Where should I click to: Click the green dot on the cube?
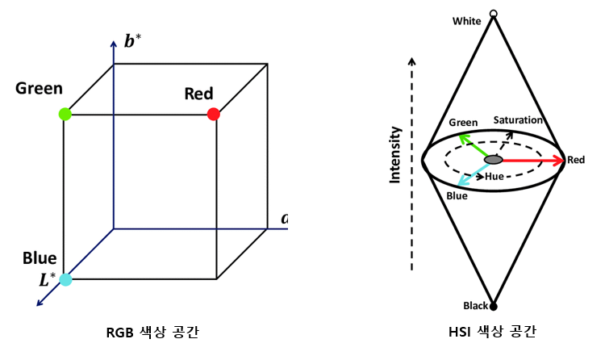[x=65, y=115]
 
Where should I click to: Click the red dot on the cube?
[x=213, y=115]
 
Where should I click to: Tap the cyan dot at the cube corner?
[x=66, y=279]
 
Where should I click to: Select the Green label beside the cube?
[x=39, y=88]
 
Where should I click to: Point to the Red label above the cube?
[x=198, y=94]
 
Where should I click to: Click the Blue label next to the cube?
[x=40, y=258]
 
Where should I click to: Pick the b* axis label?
[x=133, y=41]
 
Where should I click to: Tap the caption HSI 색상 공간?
[x=493, y=332]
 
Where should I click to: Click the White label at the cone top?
[x=469, y=20]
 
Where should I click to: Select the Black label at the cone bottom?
[x=475, y=306]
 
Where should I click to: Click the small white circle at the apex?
[x=494, y=13]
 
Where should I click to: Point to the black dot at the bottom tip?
[x=494, y=307]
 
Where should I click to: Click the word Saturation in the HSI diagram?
[x=518, y=120]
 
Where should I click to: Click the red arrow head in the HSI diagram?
[x=558, y=161]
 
